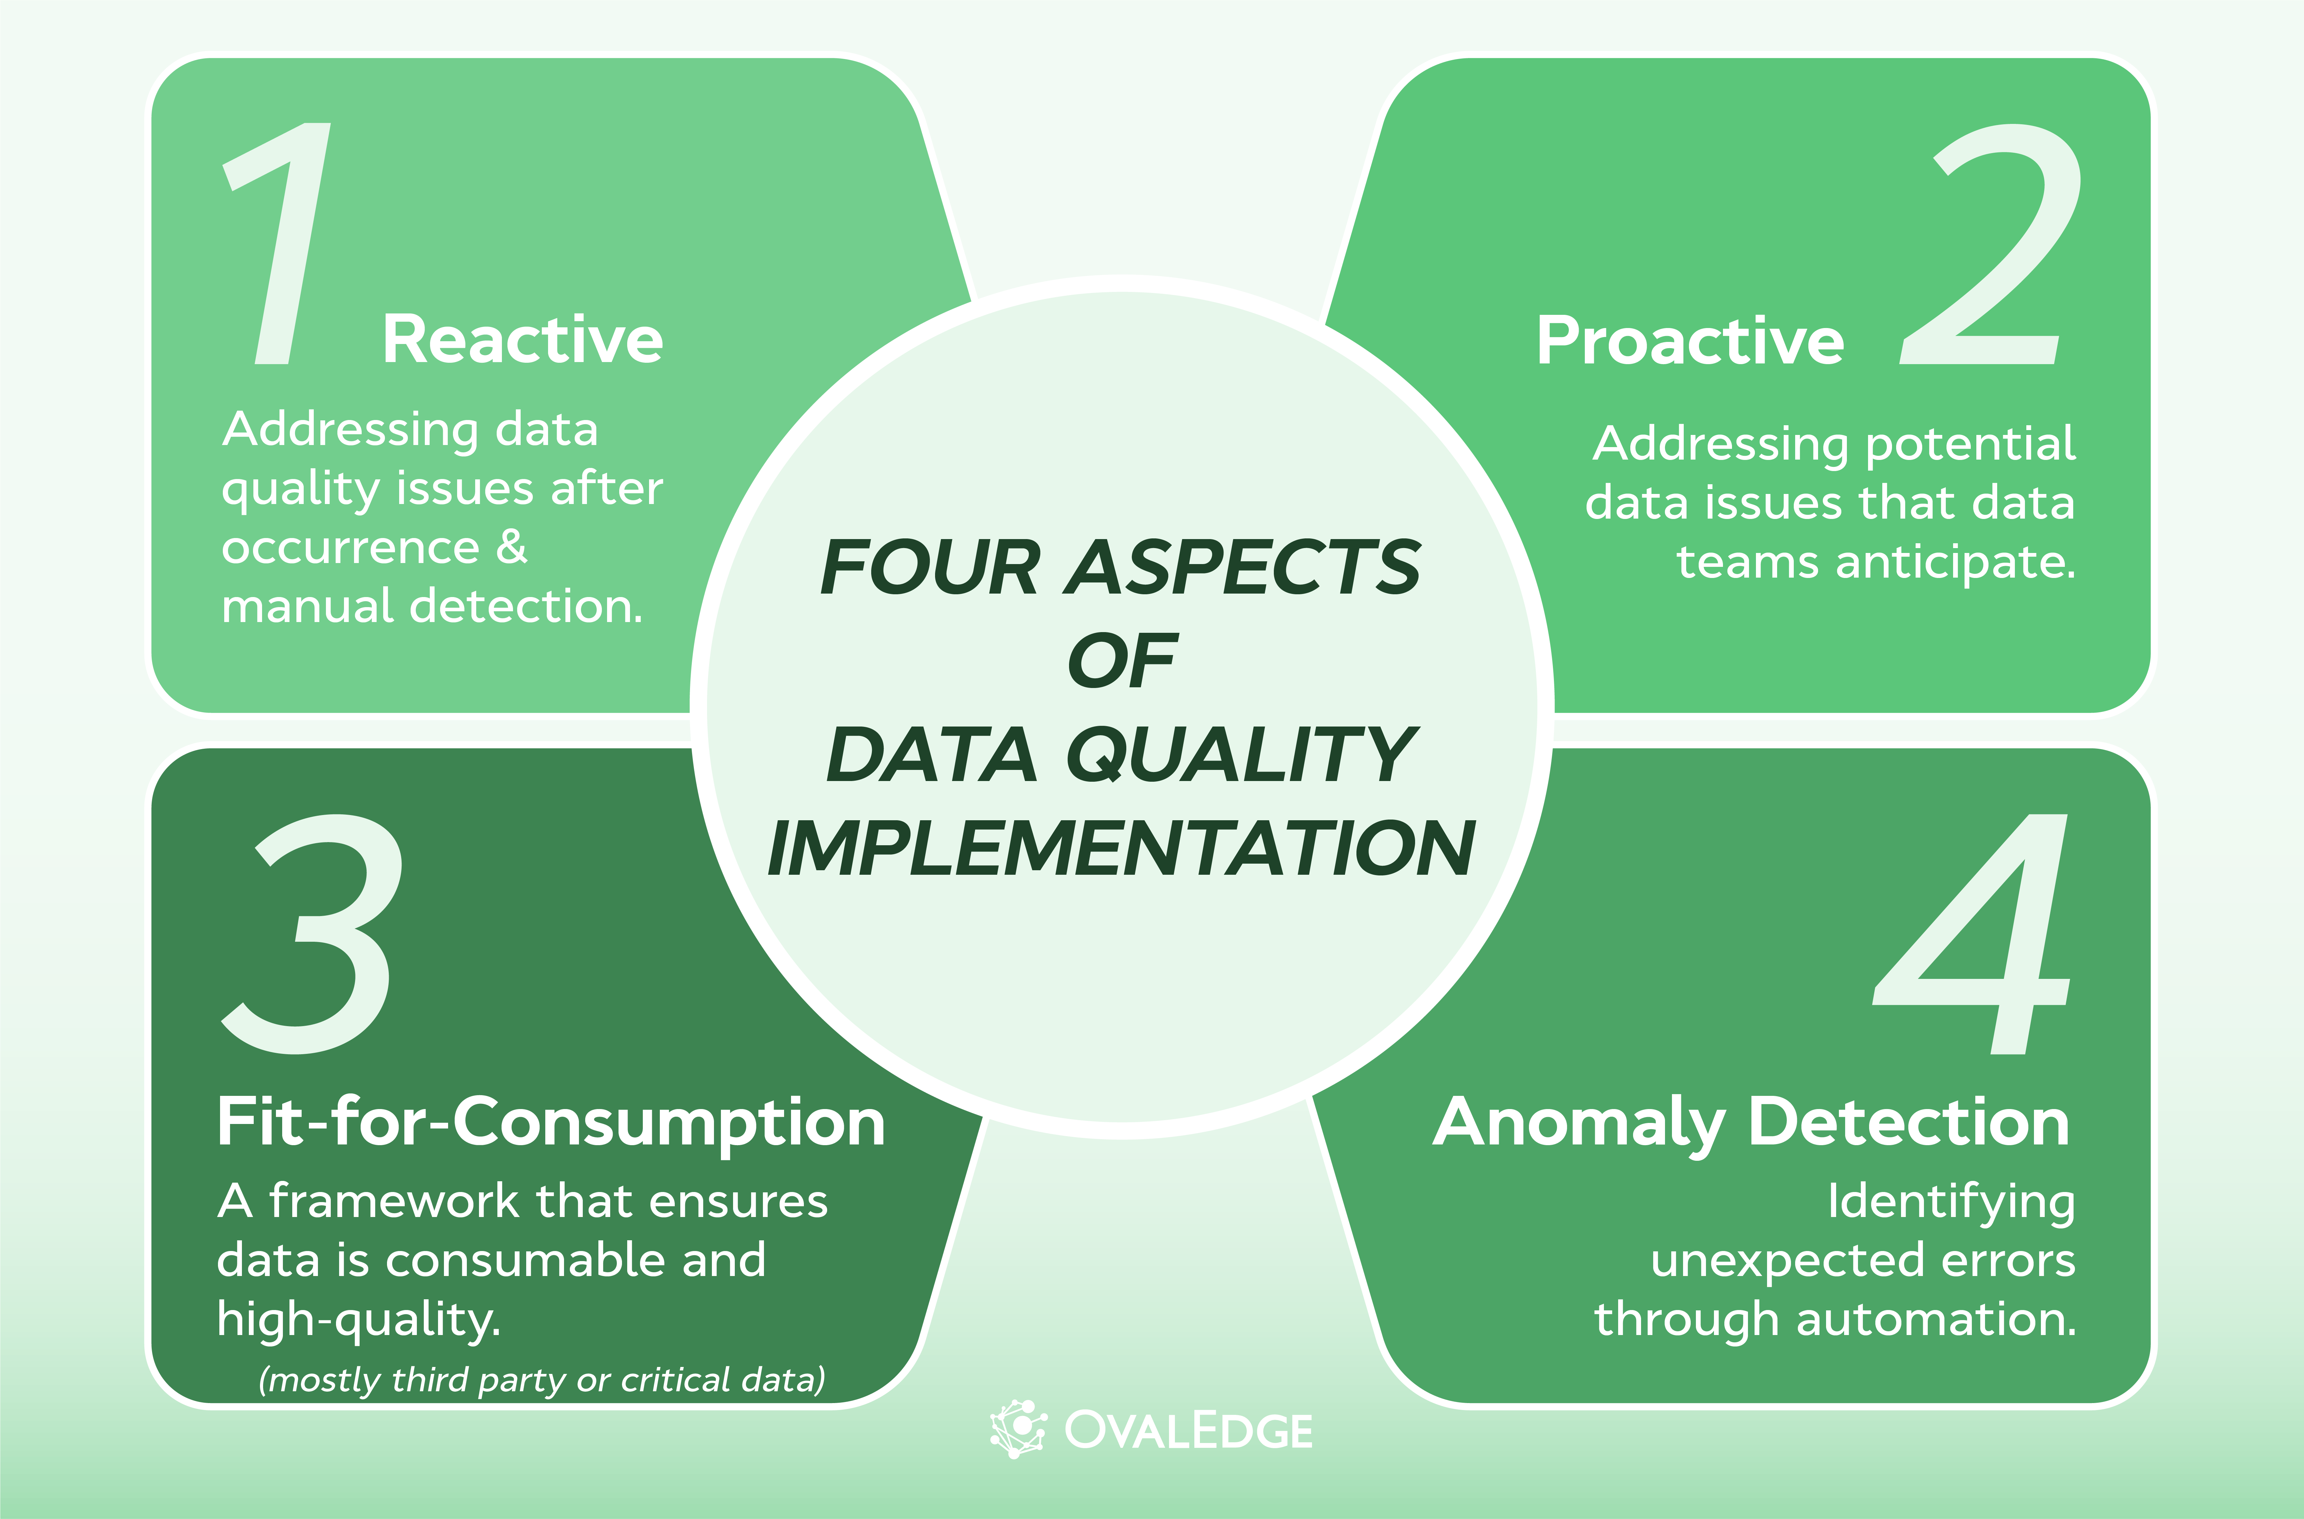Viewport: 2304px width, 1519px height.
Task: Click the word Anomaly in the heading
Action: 1579,1124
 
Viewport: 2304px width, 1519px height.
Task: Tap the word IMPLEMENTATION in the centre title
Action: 1121,849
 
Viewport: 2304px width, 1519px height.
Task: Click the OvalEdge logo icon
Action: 1017,1429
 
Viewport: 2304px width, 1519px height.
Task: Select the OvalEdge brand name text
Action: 1188,1431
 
